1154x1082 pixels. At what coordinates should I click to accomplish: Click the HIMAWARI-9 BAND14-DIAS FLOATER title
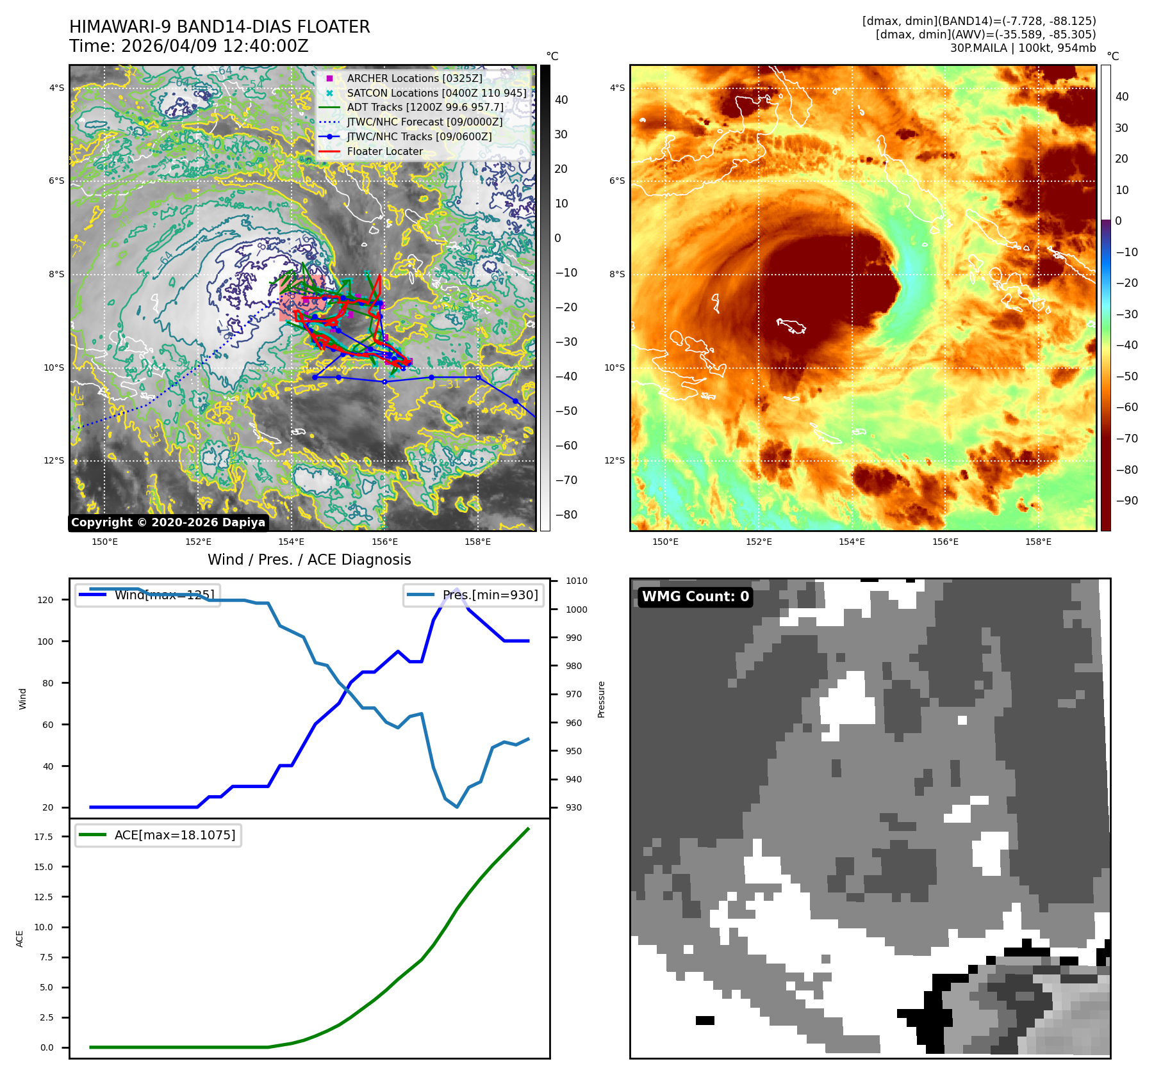[219, 27]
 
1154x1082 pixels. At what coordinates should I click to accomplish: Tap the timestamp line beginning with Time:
[188, 46]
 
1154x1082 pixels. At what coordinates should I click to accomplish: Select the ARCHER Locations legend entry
[414, 78]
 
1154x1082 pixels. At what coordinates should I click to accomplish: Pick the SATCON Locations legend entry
[436, 93]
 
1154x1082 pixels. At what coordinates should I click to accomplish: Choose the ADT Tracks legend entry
[425, 108]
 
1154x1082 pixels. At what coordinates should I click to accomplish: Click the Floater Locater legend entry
[384, 152]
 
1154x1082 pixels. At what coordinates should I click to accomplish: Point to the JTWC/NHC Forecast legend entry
[424, 122]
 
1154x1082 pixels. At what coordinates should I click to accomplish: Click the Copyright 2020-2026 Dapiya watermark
[168, 522]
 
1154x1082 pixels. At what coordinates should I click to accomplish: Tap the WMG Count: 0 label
[695, 597]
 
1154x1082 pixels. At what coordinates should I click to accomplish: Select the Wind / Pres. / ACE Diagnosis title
[309, 560]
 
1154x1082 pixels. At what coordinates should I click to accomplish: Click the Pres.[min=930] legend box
[474, 595]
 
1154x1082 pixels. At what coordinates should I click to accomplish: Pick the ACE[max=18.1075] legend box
[158, 835]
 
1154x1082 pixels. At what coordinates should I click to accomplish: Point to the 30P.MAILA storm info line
[1023, 48]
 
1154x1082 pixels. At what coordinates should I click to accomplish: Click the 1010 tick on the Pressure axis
[576, 581]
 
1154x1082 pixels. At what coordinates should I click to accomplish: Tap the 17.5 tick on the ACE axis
[44, 837]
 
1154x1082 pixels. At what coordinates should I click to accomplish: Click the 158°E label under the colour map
[1038, 542]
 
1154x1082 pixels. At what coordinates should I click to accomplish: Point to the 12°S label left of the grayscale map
[54, 460]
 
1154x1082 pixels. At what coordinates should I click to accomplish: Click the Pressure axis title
[601, 699]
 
